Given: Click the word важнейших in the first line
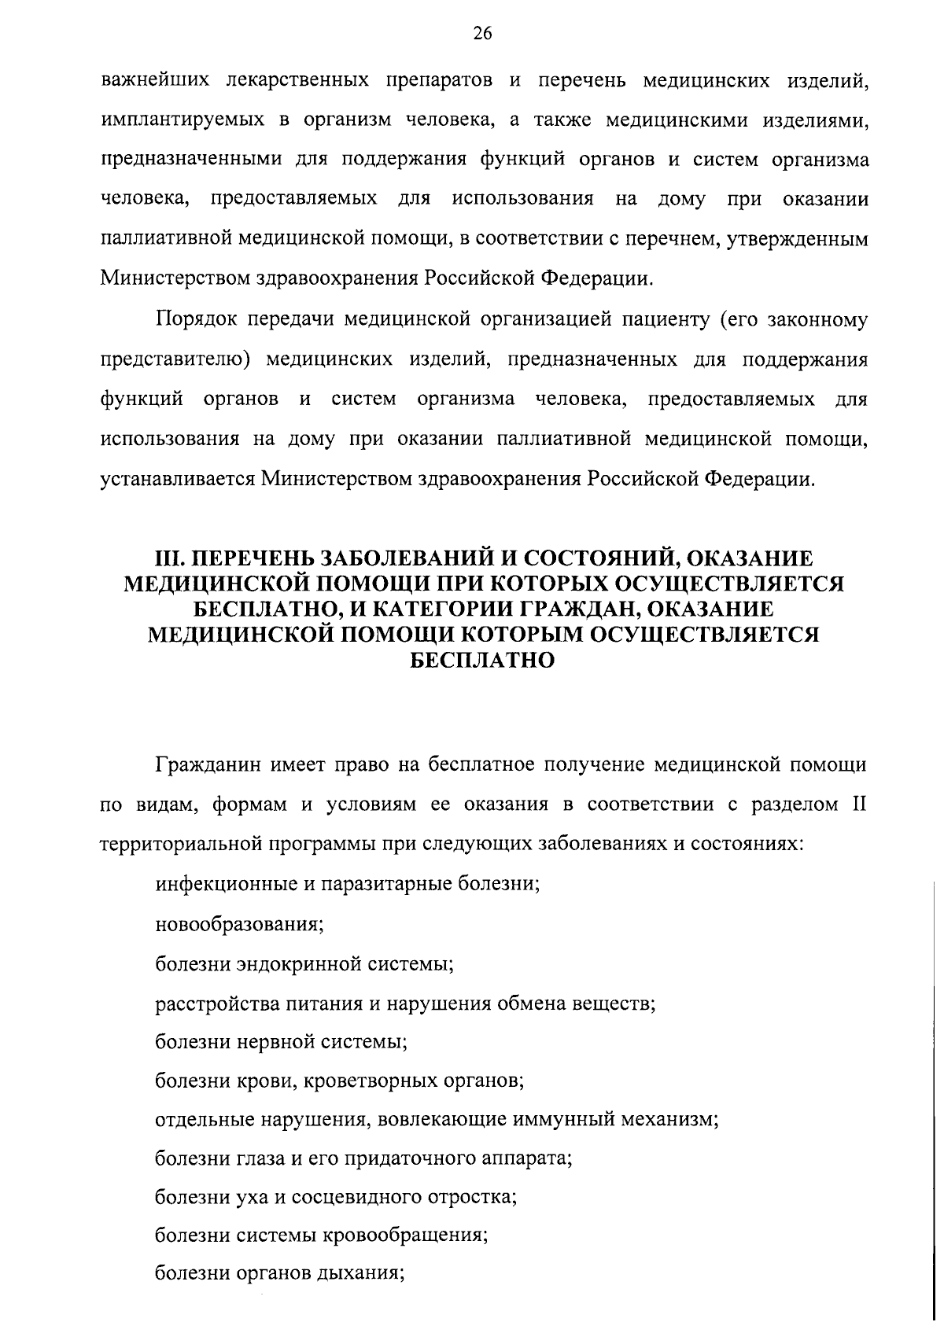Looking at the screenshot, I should pyautogui.click(x=155, y=81).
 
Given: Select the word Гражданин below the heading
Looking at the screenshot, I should pyautogui.click(x=207, y=764).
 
